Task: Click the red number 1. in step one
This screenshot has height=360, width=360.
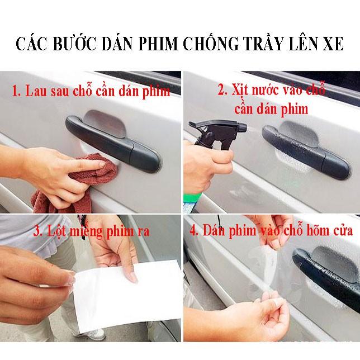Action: pyautogui.click(x=16, y=91)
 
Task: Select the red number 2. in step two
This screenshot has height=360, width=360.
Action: pyautogui.click(x=222, y=89)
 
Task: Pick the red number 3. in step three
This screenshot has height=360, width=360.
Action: pyautogui.click(x=38, y=231)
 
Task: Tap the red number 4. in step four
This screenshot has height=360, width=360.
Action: pyautogui.click(x=194, y=230)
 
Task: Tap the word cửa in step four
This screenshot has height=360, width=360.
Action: pyautogui.click(x=343, y=230)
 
